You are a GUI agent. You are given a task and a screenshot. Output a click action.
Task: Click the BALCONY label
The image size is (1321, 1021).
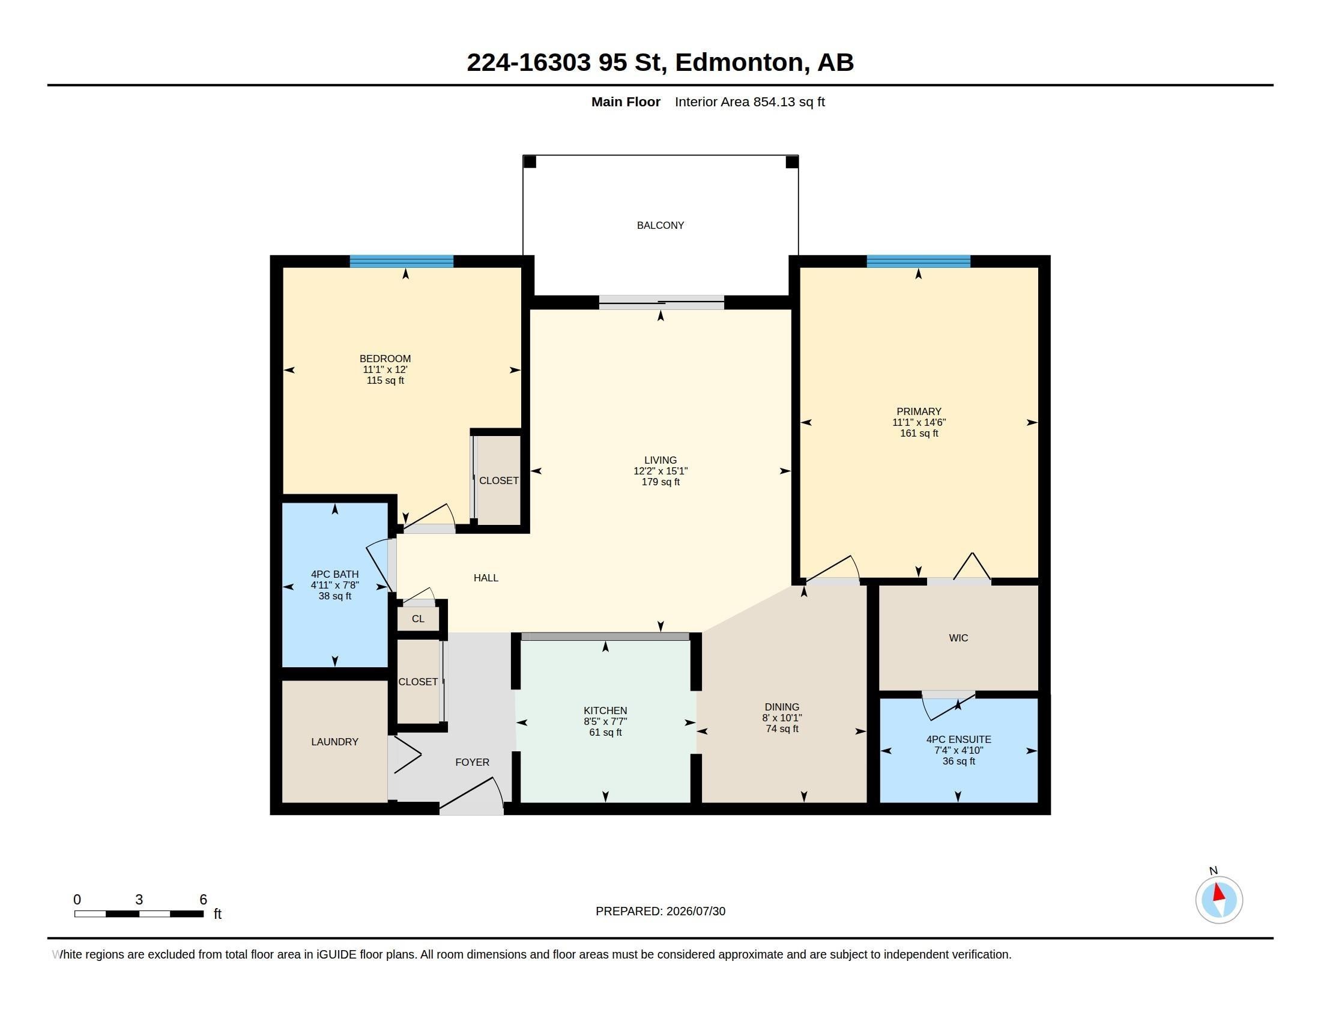pos(660,225)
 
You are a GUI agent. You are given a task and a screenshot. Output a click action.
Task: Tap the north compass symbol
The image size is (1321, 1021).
pos(1219,899)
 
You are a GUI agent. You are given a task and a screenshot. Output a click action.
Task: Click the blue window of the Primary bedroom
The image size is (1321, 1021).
pos(918,261)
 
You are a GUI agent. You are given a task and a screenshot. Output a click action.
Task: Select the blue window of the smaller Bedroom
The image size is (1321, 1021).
pos(402,261)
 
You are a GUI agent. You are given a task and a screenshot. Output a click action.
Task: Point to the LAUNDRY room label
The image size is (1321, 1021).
pos(334,742)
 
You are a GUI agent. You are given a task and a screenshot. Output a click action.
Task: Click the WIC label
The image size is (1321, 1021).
pos(958,637)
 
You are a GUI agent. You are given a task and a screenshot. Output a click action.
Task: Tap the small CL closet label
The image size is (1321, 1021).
pos(418,618)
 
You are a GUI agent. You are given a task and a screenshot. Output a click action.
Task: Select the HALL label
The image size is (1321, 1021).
pos(486,578)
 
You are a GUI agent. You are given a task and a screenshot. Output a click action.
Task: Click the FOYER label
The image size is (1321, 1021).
pos(473,762)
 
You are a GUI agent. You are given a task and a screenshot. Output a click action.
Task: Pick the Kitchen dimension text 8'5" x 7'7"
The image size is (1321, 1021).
pos(605,721)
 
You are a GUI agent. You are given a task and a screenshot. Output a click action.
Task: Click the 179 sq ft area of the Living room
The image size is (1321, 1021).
pos(660,482)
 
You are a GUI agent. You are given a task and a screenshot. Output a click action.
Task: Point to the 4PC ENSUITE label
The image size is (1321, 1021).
pos(958,739)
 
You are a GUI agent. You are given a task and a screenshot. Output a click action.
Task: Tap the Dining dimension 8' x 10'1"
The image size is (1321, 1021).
pos(781,717)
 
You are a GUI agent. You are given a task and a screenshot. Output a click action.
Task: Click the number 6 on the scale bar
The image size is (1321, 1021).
pos(203,900)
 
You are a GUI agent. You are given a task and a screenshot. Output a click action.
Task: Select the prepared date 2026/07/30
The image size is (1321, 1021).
pos(695,911)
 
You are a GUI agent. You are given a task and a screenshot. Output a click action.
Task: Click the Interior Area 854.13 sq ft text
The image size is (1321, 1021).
pos(749,101)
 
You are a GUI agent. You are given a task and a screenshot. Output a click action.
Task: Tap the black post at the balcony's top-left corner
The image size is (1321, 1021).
pos(529,162)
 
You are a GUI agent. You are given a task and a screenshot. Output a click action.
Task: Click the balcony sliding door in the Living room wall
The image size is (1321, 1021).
pos(661,302)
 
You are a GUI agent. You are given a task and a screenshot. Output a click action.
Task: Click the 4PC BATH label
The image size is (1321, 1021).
pos(334,574)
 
